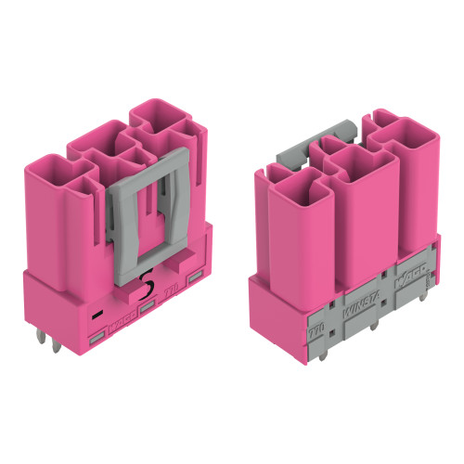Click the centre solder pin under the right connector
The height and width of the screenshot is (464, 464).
(372, 327)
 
